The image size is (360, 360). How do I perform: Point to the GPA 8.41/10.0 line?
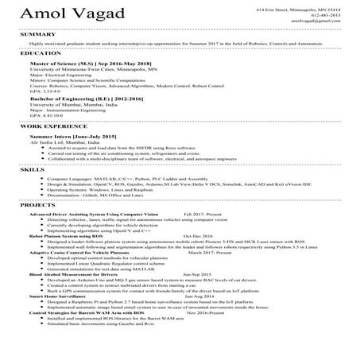click(45, 117)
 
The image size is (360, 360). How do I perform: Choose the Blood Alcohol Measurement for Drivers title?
click(75, 274)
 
